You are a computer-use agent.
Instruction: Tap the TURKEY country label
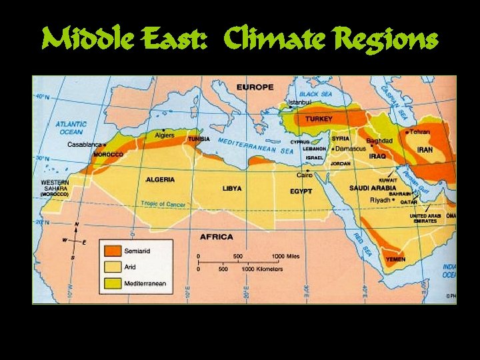coord(319,119)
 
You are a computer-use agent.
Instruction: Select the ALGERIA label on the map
coord(160,179)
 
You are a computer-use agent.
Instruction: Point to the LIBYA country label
coord(232,189)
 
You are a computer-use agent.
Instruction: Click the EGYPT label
coord(301,191)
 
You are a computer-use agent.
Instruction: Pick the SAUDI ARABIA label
coord(372,188)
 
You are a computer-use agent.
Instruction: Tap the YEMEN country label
coord(396,259)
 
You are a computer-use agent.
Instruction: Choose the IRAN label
coord(425,149)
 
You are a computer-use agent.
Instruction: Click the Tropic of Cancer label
coord(163,203)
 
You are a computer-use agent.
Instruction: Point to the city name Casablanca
coord(84,144)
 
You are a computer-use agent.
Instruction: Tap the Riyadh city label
coord(380,199)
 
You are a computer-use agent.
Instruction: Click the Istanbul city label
coord(299,103)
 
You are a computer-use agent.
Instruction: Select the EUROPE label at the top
coord(255,87)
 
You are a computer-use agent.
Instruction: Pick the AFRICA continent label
coord(217,237)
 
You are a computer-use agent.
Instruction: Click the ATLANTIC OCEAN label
coord(71,127)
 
